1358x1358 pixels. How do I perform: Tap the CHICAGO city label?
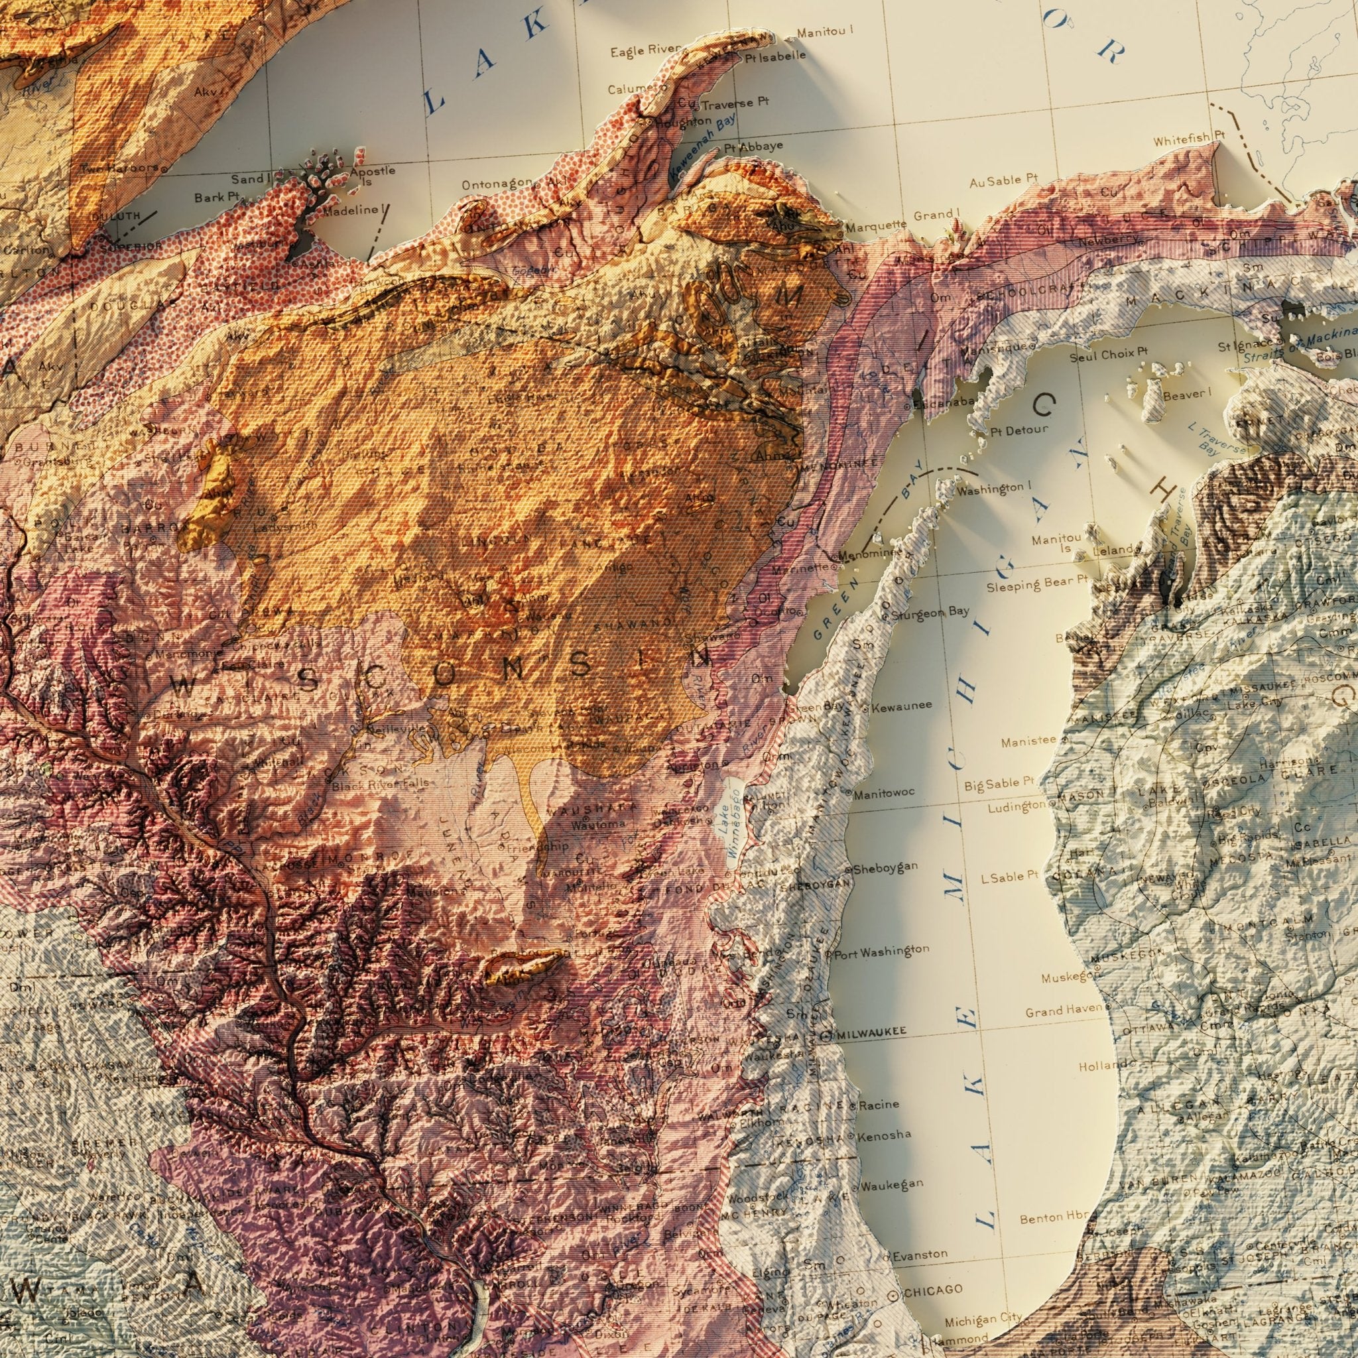point(932,1270)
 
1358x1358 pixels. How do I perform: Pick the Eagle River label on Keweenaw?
point(645,50)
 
